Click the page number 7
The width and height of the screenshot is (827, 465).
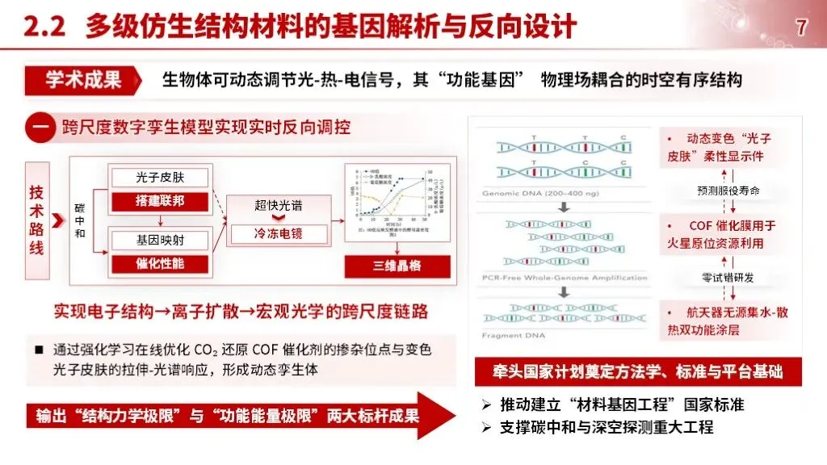pyautogui.click(x=801, y=27)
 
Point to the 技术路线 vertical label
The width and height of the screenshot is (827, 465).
pyautogui.click(x=37, y=220)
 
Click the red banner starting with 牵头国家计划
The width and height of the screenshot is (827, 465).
pyautogui.click(x=637, y=372)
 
